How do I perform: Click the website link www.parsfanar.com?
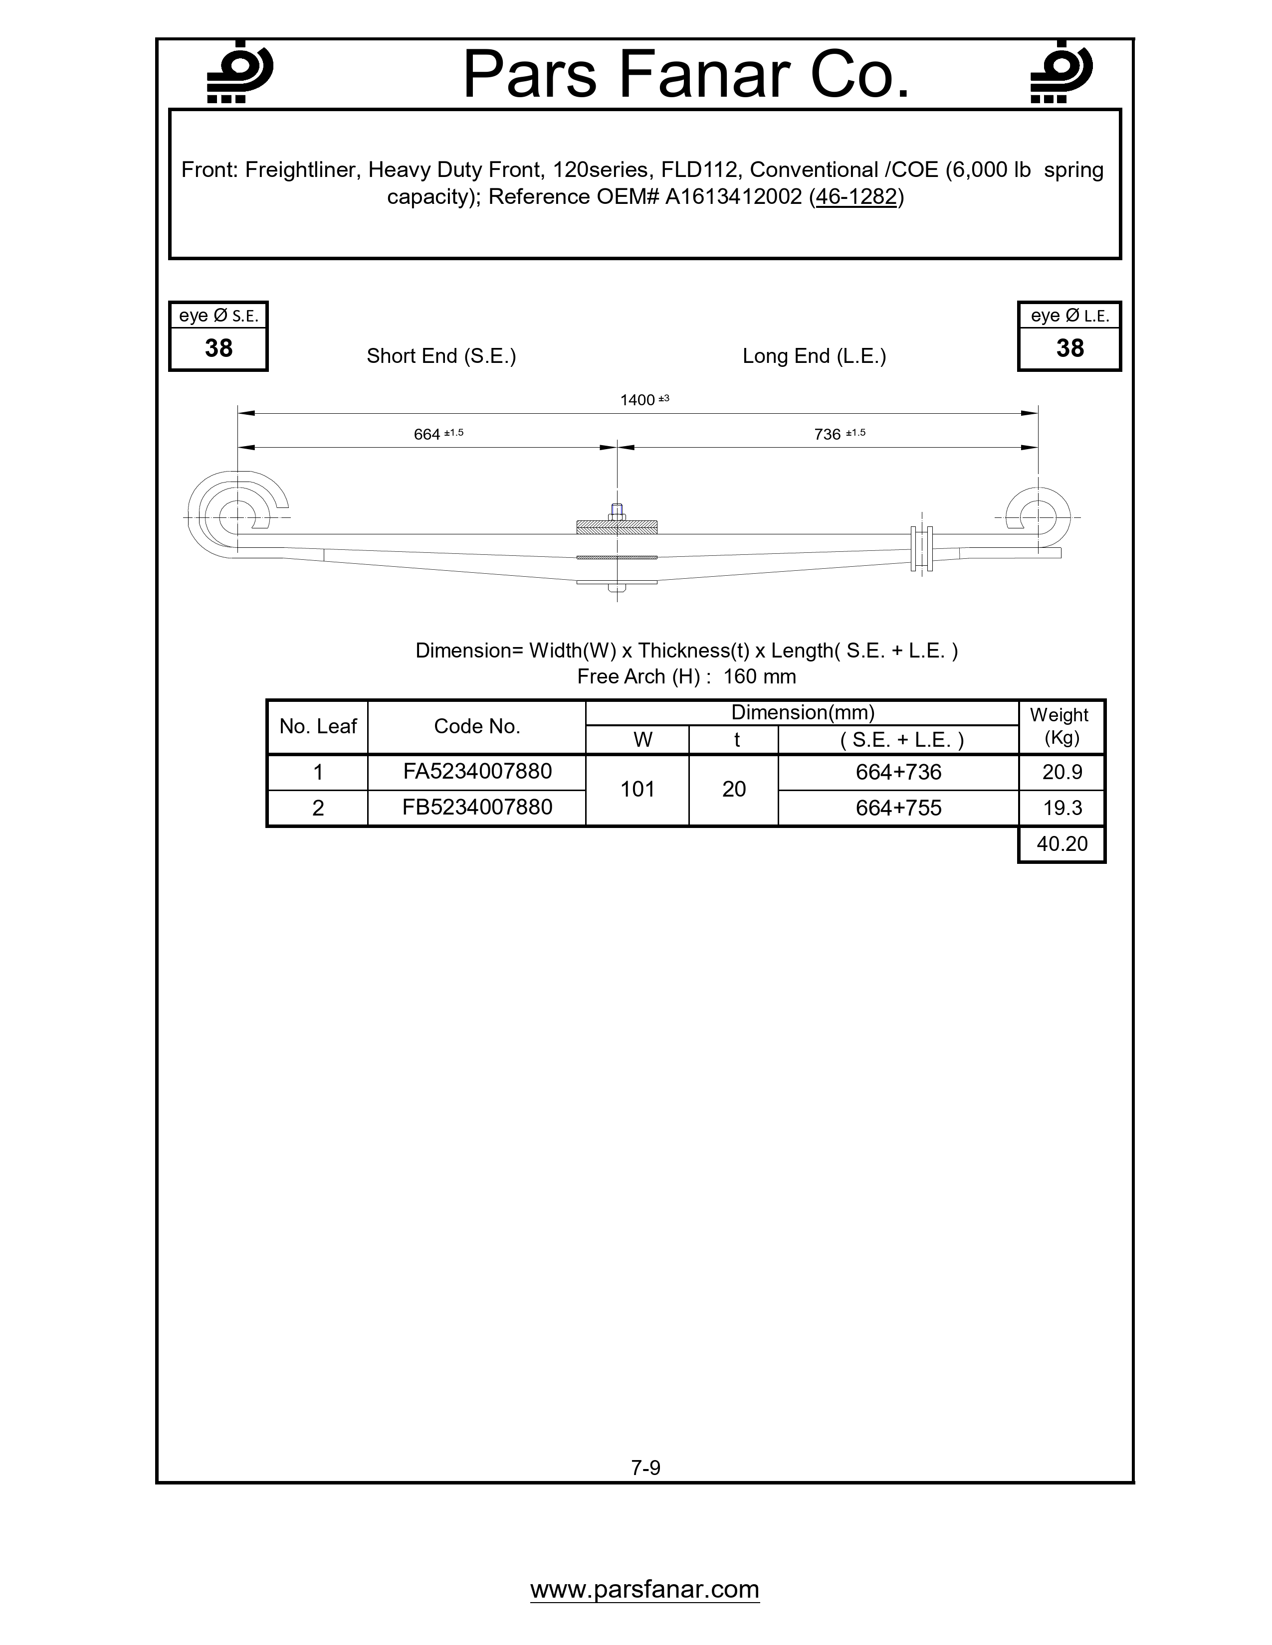click(x=644, y=1589)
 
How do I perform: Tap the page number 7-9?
click(x=646, y=1467)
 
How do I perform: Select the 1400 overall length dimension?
click(x=638, y=400)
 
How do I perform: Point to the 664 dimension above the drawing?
click(x=427, y=435)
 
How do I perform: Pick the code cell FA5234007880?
click(x=477, y=771)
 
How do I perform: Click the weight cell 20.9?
click(x=1062, y=772)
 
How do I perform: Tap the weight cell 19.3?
click(x=1062, y=808)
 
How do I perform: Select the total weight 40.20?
click(x=1062, y=843)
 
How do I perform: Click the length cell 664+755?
click(x=898, y=808)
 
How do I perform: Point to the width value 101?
click(x=637, y=790)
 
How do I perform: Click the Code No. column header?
click(x=477, y=726)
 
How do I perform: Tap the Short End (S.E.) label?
click(x=441, y=356)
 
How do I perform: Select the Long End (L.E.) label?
click(x=814, y=356)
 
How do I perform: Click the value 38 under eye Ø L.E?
click(x=1069, y=348)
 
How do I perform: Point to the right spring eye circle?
click(x=1039, y=517)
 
